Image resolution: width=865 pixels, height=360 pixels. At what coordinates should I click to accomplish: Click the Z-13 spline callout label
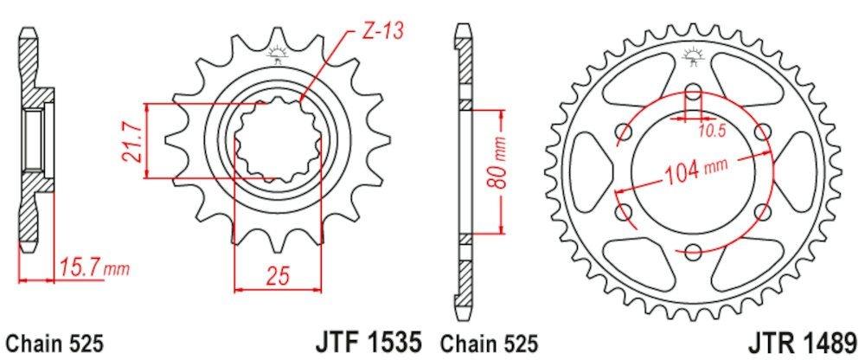pyautogui.click(x=384, y=31)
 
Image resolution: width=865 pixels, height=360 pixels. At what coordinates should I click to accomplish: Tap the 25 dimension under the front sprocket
pyautogui.click(x=279, y=276)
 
